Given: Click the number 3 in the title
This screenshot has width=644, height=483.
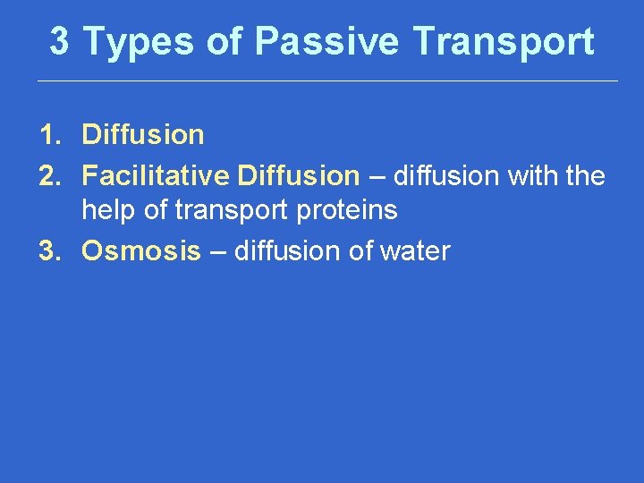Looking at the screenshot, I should coord(59,41).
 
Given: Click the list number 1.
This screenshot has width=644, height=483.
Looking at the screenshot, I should coord(48,136).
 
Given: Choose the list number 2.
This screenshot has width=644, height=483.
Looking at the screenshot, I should coord(48,175).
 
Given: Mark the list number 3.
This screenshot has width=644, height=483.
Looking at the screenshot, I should coord(48,251).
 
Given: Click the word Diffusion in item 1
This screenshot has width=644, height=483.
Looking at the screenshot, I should coord(143,136).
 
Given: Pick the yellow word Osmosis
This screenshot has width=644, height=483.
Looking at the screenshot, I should coord(141,251).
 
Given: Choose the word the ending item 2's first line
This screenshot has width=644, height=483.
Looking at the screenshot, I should coord(586,175).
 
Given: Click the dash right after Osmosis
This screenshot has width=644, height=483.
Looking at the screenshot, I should coord(218,252).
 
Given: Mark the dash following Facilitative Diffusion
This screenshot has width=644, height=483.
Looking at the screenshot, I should coord(377,176).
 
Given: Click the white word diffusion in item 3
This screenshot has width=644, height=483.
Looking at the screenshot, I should coord(289,251).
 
